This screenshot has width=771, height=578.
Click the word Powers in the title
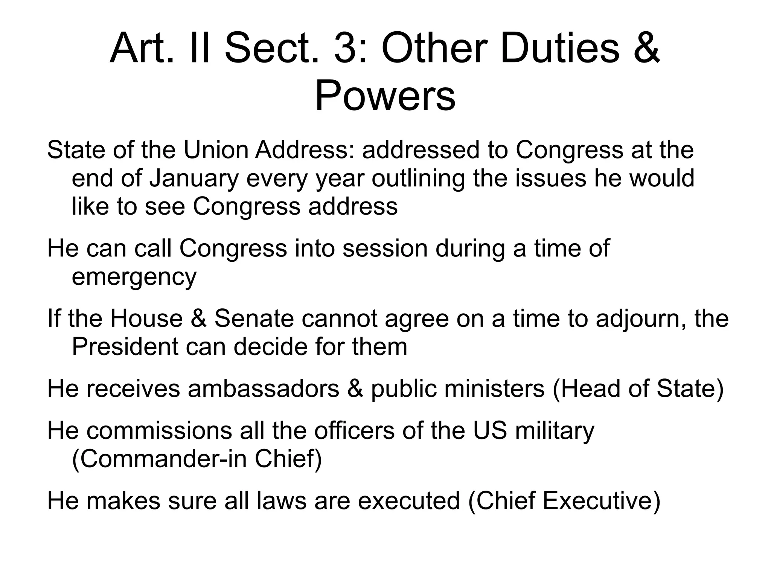[385, 96]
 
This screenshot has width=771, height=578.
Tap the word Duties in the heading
[559, 49]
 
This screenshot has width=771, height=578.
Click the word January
[194, 178]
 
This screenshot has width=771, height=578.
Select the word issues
[550, 178]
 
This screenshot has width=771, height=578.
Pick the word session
[385, 249]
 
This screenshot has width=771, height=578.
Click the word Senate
[254, 318]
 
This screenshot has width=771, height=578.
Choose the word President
[125, 346]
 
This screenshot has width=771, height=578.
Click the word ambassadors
[263, 389]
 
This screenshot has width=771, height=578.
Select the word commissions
[159, 430]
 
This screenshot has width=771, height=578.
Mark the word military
[555, 431]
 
